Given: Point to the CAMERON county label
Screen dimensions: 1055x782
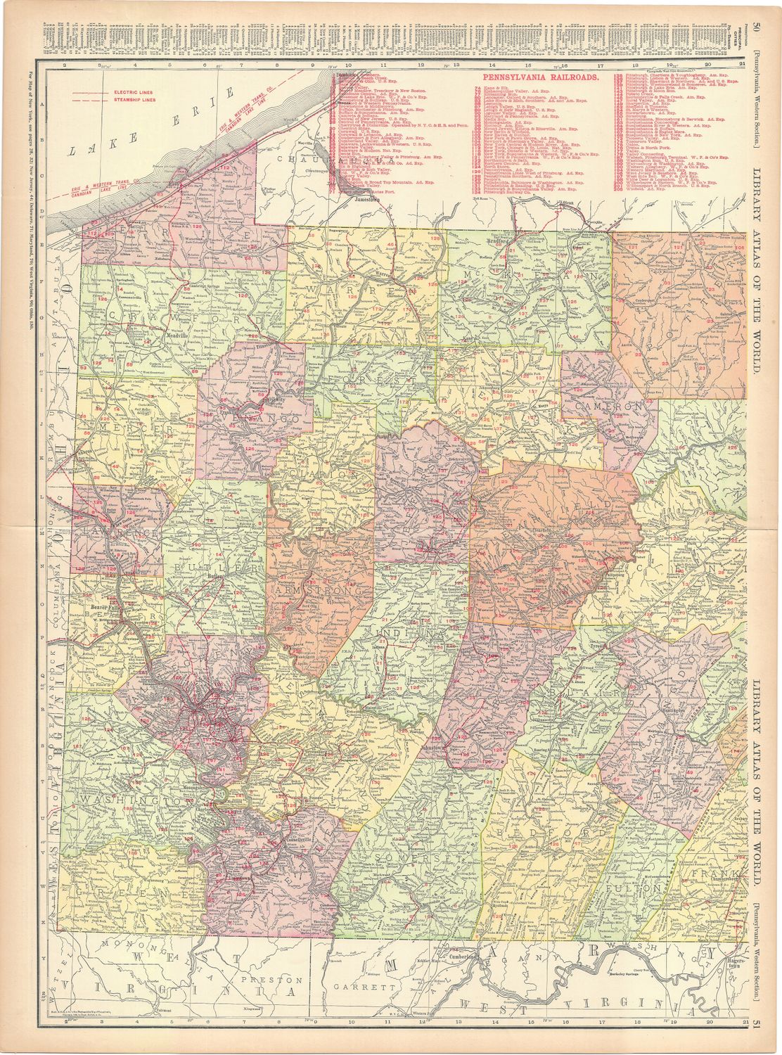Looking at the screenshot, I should tap(608, 407).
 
